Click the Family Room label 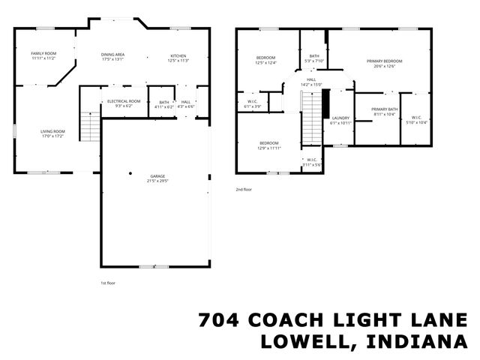[43, 54]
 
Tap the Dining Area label [112, 55]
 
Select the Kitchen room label [178, 56]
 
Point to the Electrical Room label [124, 101]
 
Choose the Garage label [157, 176]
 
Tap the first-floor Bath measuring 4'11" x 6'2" [163, 103]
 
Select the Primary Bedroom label [384, 61]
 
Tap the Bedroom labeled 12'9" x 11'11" [269, 143]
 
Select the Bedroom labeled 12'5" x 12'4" [265, 58]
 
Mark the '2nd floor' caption [244, 190]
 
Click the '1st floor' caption [109, 283]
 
